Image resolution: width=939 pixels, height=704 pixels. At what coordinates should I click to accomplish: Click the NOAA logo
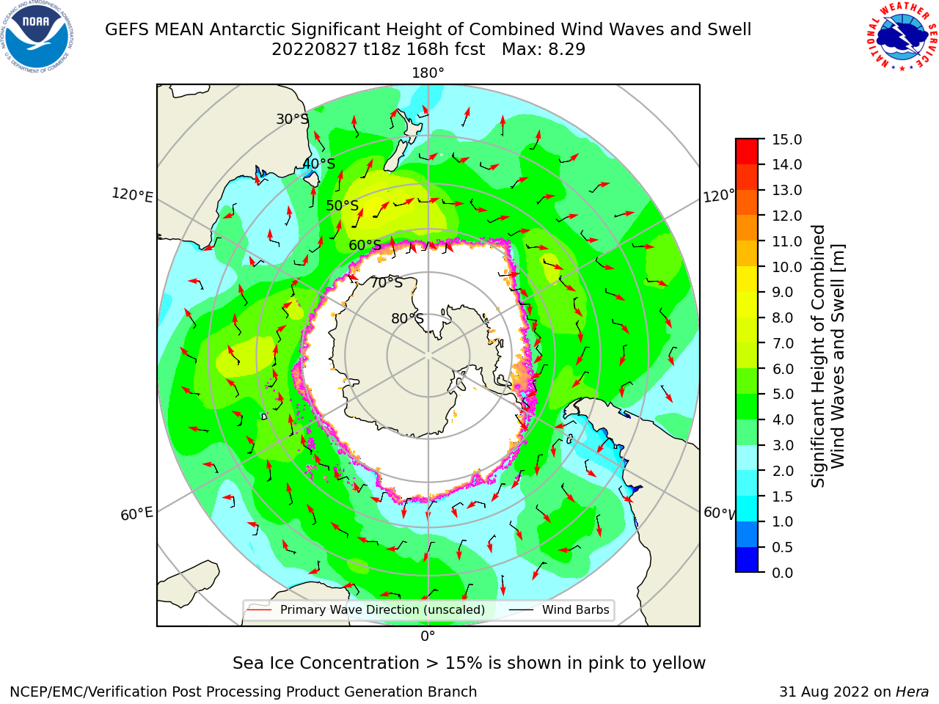[37, 37]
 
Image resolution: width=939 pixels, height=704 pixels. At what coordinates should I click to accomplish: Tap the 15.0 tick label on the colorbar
[786, 140]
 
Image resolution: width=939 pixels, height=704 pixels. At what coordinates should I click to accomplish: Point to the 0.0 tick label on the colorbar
[783, 573]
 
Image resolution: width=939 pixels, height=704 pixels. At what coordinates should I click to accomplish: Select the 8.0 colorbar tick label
[783, 318]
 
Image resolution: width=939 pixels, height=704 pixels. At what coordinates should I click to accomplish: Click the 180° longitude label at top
[428, 73]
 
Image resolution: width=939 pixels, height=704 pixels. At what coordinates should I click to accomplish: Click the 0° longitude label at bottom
[428, 637]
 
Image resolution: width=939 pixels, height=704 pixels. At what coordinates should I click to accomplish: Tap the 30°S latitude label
[292, 119]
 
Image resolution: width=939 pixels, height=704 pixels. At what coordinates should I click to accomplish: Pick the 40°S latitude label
[319, 164]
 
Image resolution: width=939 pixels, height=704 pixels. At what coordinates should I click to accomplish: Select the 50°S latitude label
[343, 205]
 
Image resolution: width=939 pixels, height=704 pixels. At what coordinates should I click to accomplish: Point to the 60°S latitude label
[365, 246]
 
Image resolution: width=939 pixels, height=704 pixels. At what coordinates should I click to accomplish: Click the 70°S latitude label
[387, 282]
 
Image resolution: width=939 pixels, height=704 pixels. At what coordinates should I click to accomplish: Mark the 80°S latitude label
[407, 318]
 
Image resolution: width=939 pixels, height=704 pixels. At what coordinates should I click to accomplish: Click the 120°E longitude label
[132, 195]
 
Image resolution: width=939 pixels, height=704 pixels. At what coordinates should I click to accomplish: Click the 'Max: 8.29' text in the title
[544, 50]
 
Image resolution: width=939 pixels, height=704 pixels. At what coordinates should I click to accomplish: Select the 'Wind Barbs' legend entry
[575, 609]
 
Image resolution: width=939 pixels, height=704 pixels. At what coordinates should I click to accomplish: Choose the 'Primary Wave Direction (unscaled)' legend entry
[382, 609]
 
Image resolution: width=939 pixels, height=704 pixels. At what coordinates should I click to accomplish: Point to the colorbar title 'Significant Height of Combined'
[818, 356]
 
